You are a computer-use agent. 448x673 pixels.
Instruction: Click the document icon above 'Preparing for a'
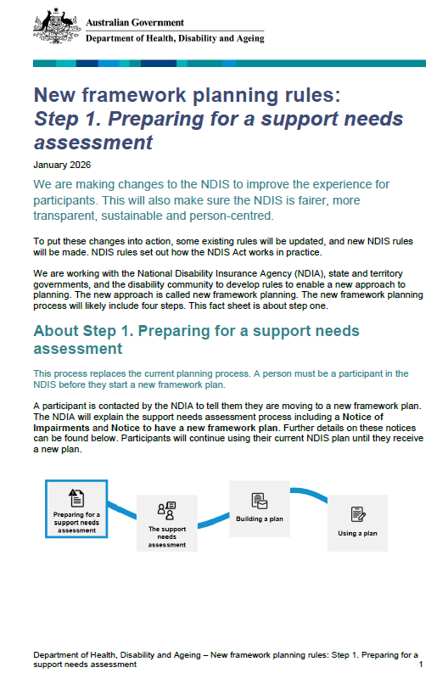[x=76, y=496]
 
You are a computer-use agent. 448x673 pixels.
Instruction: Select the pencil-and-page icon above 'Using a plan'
[x=357, y=513]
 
